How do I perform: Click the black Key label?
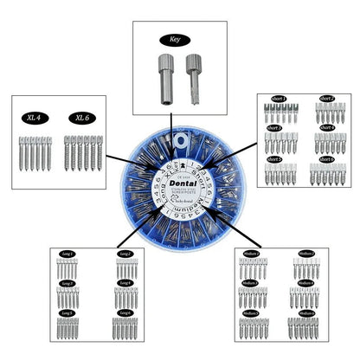tap(179, 39)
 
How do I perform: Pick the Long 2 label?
tap(125, 254)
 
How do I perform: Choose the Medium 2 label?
tap(305, 254)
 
